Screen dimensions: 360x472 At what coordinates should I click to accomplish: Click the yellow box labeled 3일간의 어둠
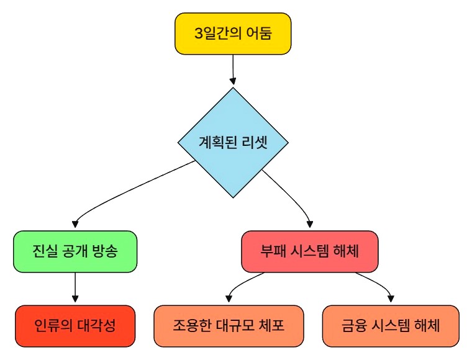point(233,34)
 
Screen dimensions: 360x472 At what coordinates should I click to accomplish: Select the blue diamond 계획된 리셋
point(233,142)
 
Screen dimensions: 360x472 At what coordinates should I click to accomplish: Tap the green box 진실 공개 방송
point(75,251)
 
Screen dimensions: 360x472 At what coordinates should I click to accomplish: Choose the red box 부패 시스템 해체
point(309,251)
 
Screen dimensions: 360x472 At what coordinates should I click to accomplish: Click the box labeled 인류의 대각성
point(75,326)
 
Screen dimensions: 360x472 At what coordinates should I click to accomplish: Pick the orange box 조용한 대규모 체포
point(229,326)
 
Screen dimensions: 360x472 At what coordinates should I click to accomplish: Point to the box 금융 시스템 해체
point(391,326)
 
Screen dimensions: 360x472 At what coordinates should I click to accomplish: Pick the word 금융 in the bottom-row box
point(353,326)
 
